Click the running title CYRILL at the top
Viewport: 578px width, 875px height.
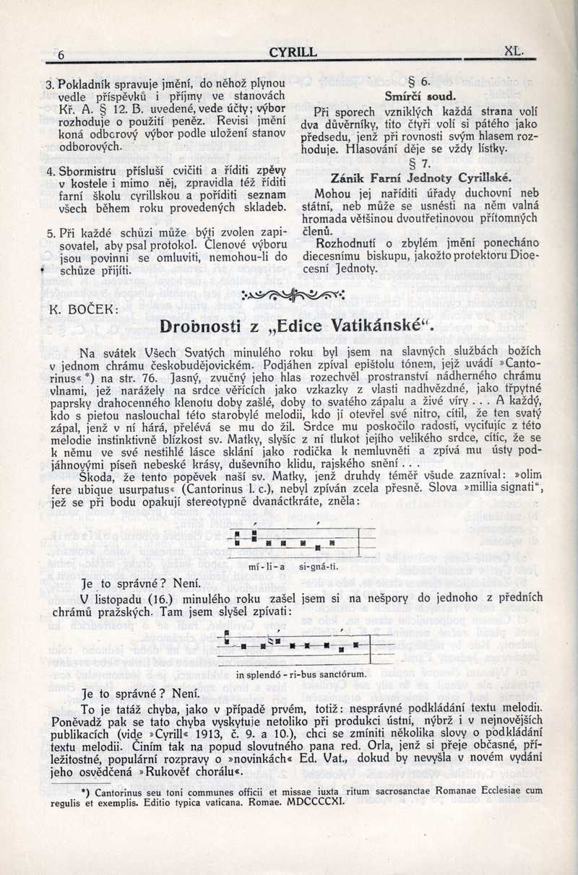(x=292, y=52)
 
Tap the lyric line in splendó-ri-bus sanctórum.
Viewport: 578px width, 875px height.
(x=301, y=674)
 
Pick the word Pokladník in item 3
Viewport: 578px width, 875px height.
(x=83, y=85)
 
